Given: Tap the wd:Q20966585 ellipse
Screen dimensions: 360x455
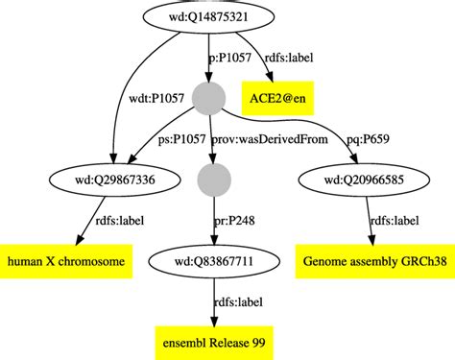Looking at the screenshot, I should (x=365, y=179).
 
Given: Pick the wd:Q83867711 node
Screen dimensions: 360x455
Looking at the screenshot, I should (x=210, y=261).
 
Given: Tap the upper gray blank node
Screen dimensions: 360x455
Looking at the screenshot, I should (x=208, y=97).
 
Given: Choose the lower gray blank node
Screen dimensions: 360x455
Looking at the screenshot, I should (x=208, y=179).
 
